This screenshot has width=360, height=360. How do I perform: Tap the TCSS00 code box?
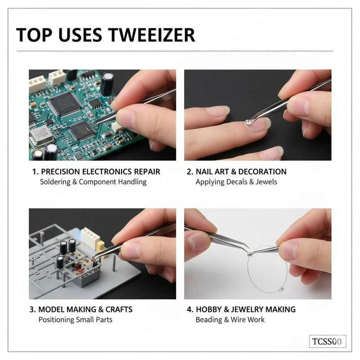[327, 341]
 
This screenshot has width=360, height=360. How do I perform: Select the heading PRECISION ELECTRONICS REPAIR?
[100, 171]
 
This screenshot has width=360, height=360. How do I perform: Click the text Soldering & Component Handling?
[93, 182]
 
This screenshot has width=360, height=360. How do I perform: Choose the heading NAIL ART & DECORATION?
[241, 171]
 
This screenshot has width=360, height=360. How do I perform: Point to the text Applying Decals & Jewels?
[236, 182]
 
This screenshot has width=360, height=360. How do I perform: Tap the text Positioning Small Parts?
[75, 320]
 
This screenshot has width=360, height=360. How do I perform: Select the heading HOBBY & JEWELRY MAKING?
[245, 310]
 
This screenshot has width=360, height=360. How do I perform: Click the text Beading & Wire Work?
[230, 320]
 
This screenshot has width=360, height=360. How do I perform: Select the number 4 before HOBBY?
[189, 310]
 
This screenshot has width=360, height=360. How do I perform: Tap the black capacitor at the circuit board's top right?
[107, 83]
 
